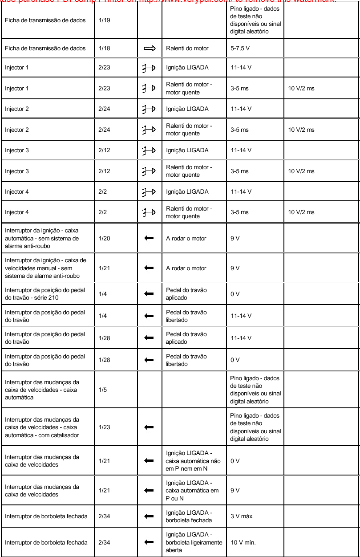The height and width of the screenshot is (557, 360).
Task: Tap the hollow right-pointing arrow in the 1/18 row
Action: [150, 48]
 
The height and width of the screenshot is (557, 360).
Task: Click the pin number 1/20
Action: [104, 238]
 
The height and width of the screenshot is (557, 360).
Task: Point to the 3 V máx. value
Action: [242, 516]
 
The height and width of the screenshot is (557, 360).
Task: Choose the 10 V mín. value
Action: [242, 542]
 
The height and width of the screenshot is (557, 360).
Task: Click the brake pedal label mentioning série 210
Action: [44, 294]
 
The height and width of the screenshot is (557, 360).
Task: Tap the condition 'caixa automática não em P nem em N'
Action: [193, 461]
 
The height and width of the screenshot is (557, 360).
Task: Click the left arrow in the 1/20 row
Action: [149, 238]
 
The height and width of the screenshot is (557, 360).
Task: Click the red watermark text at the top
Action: [180, 1]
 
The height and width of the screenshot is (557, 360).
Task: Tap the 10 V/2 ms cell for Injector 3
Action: [301, 171]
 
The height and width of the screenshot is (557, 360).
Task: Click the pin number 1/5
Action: [102, 390]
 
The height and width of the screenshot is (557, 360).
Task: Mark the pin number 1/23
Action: [104, 427]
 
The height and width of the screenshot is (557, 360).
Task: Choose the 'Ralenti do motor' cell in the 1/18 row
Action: [187, 48]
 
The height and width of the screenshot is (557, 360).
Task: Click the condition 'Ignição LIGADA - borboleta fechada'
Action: [189, 516]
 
